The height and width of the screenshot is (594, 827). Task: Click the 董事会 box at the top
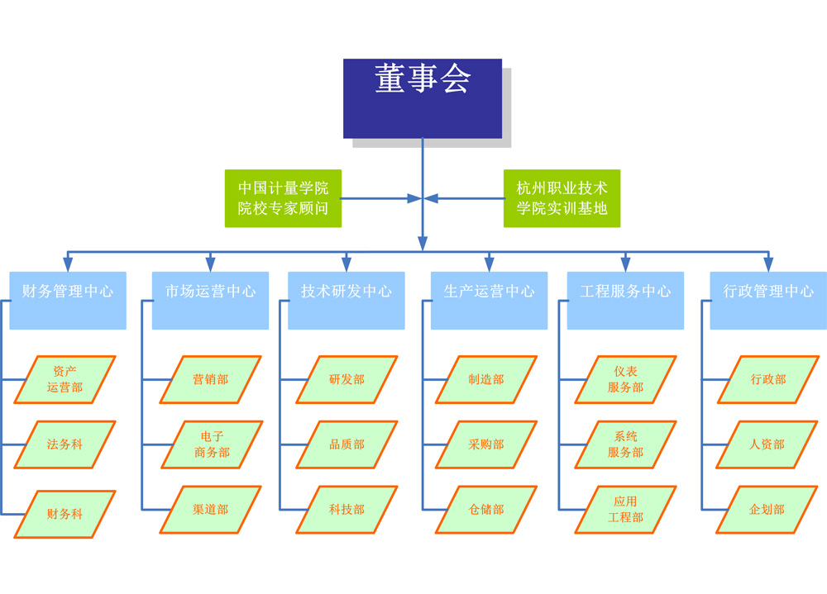(x=423, y=98)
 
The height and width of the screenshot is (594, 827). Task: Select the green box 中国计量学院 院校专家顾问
(x=283, y=198)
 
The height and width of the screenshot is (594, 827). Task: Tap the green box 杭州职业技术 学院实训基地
(x=562, y=198)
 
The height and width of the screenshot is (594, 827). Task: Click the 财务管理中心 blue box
(x=68, y=301)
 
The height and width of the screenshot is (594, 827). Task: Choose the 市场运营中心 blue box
(x=210, y=301)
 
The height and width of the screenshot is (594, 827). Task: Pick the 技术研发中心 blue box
(x=347, y=301)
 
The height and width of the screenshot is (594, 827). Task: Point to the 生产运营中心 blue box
(x=489, y=301)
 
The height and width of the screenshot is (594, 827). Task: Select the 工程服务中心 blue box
(x=625, y=301)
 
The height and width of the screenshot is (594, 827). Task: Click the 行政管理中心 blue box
(x=768, y=301)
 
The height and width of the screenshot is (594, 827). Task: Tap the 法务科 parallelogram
(x=65, y=444)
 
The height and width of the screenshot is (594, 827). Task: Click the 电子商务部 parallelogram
(x=212, y=444)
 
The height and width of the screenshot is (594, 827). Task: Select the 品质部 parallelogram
(x=347, y=444)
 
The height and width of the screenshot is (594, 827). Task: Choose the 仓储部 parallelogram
(x=486, y=510)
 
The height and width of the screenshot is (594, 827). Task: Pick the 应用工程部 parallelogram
(x=625, y=510)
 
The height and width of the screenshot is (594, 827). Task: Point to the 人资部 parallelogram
(x=767, y=444)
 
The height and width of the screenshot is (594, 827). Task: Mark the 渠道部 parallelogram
(x=210, y=510)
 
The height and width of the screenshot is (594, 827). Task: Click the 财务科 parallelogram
(x=65, y=514)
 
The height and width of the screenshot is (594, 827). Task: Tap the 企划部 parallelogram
(x=767, y=510)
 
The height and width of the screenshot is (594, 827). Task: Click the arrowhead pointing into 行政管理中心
(x=768, y=264)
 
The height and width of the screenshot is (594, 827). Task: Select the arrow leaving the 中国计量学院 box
(x=381, y=199)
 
